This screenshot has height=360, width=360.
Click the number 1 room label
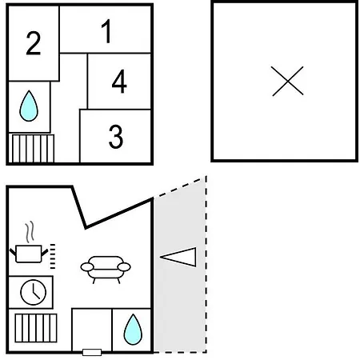pyautogui.click(x=106, y=31)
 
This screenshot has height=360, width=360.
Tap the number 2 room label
pyautogui.click(x=34, y=43)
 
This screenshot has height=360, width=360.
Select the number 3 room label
pyautogui.click(x=116, y=137)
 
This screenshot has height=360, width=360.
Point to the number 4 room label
pyautogui.click(x=119, y=82)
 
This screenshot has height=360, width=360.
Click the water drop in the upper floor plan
pyautogui.click(x=29, y=106)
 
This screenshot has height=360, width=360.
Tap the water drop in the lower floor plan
pyautogui.click(x=133, y=330)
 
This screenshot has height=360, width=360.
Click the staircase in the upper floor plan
pyautogui.click(x=31, y=148)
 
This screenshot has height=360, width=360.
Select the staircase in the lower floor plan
pyautogui.click(x=36, y=328)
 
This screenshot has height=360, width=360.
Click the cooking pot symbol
pyautogui.click(x=29, y=254)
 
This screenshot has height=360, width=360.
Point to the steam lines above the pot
pyautogui.click(x=30, y=231)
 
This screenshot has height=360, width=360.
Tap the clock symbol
pyautogui.click(x=34, y=292)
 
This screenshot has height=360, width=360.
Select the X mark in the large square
pyautogui.click(x=287, y=81)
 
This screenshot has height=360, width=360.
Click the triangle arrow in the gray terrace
pyautogui.click(x=178, y=257)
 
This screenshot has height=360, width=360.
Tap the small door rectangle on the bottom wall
pyautogui.click(x=92, y=352)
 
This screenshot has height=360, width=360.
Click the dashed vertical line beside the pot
pyautogui.click(x=53, y=256)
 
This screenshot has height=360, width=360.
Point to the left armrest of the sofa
pyautogui.click(x=87, y=267)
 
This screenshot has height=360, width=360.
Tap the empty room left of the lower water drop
pyautogui.click(x=92, y=330)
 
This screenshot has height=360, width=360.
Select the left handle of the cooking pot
pyautogui.click(x=13, y=252)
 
